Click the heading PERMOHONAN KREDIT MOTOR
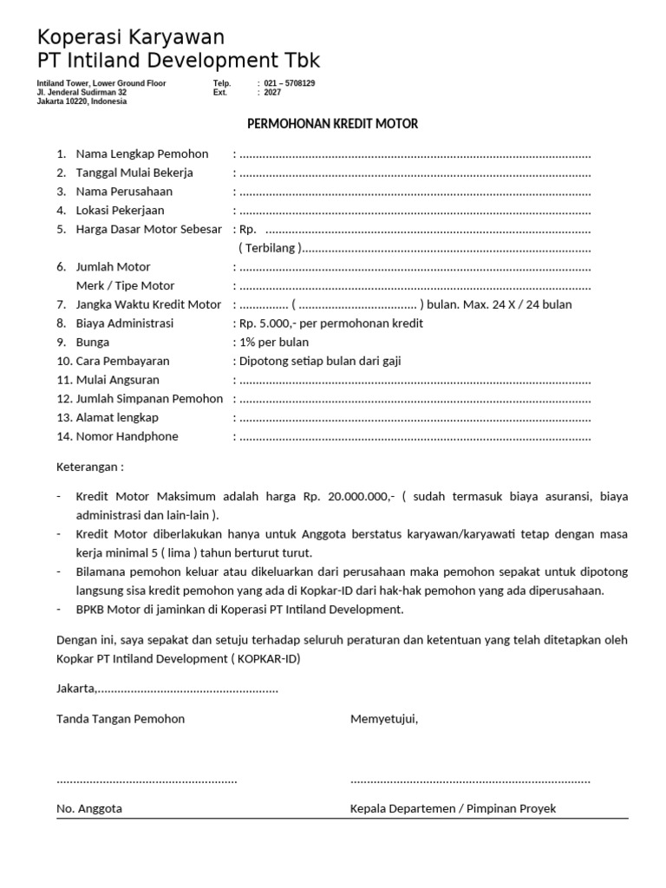click(x=333, y=124)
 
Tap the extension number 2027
click(x=272, y=92)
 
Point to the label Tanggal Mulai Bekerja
click(x=134, y=173)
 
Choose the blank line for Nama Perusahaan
click(x=415, y=192)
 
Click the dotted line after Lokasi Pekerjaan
click(x=415, y=211)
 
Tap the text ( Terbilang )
click(x=270, y=248)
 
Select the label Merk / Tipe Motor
click(x=125, y=286)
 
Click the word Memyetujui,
click(x=384, y=719)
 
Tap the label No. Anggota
click(x=89, y=808)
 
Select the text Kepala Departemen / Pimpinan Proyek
click(x=453, y=808)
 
